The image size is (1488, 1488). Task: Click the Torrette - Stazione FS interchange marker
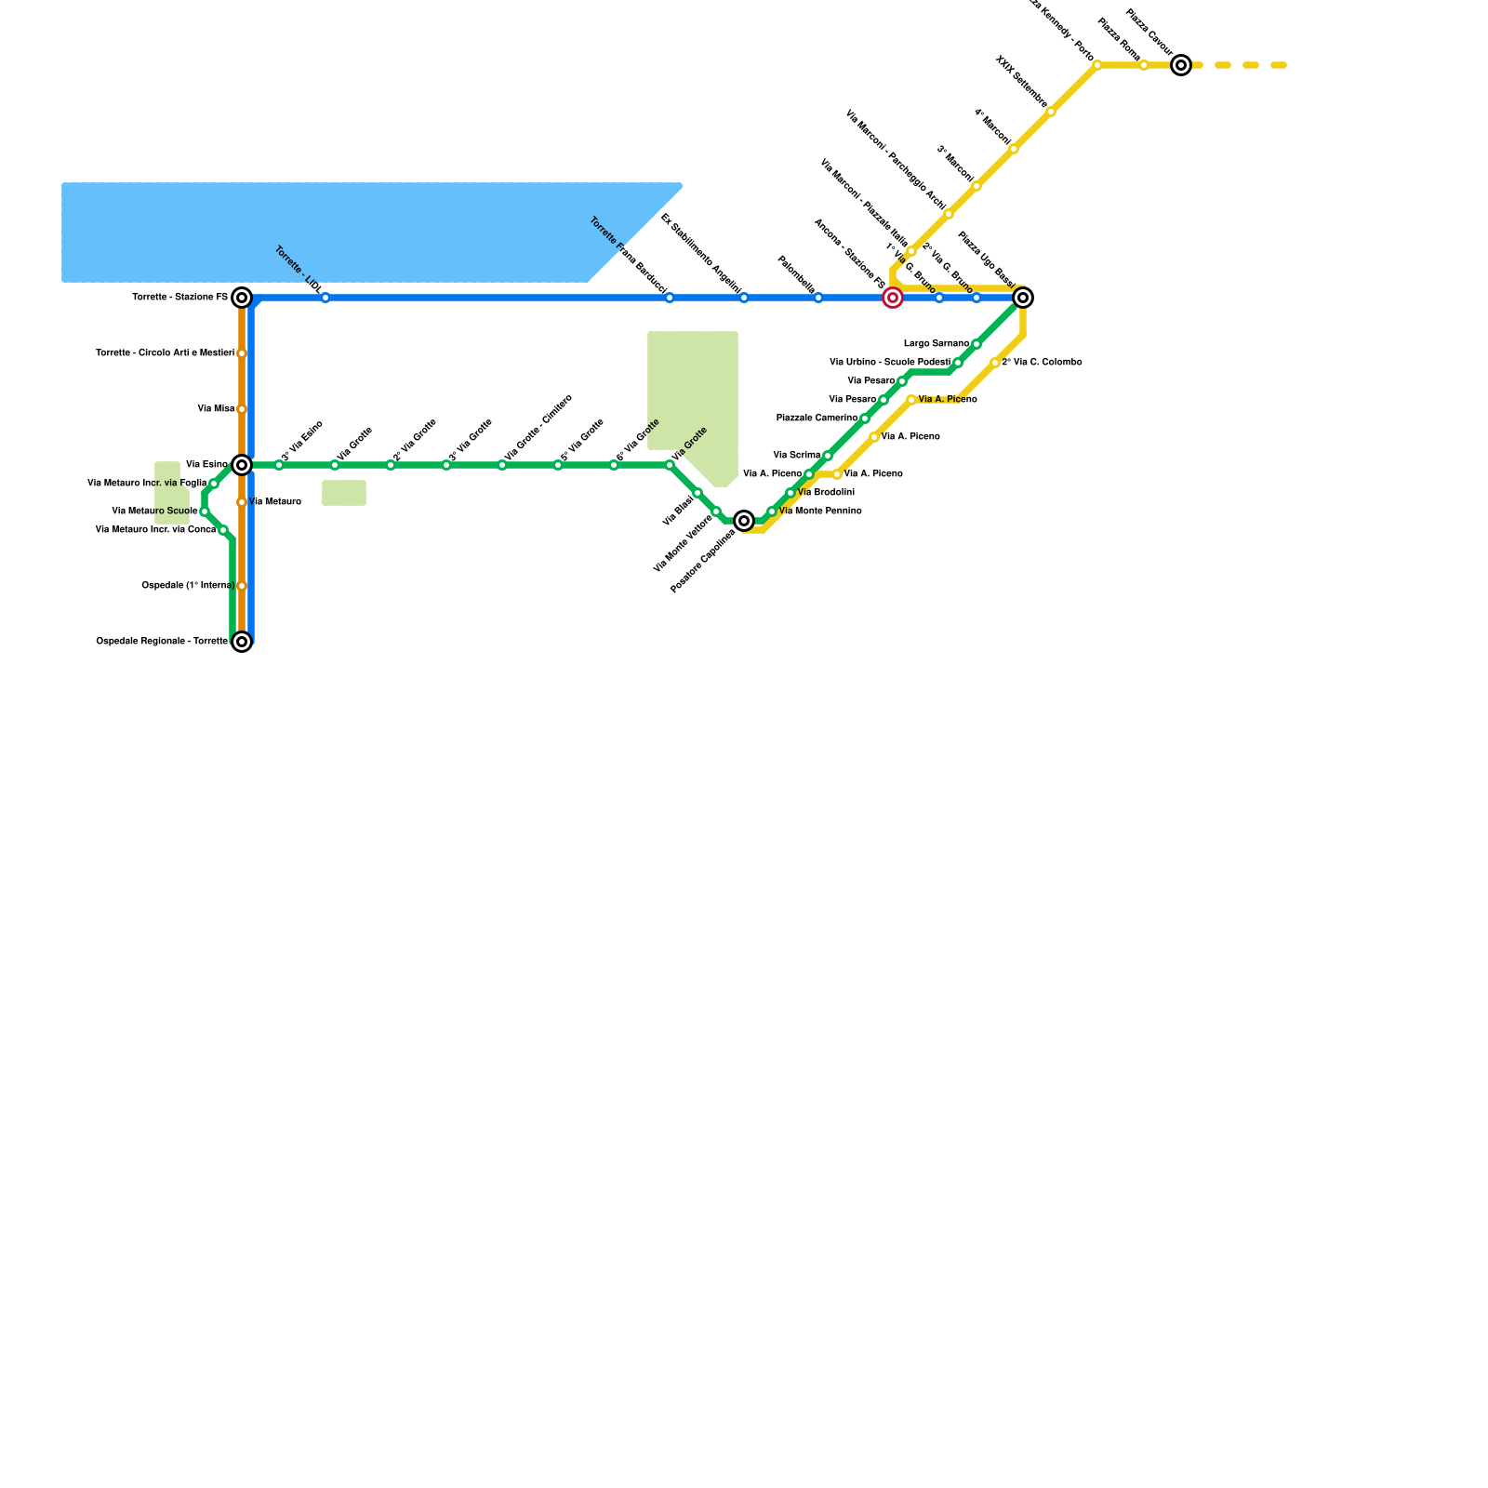[242, 298]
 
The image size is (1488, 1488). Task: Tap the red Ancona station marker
[893, 298]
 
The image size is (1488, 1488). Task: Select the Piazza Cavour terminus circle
[1181, 65]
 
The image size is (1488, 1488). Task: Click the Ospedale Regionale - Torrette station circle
[242, 642]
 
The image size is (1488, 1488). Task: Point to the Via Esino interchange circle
[242, 465]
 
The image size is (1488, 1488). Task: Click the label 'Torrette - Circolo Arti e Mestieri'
[165, 353]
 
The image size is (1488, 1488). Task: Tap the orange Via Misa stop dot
[242, 409]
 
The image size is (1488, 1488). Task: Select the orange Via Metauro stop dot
[242, 502]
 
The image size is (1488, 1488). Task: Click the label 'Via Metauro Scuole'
[154, 511]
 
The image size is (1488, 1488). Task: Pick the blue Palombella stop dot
[818, 298]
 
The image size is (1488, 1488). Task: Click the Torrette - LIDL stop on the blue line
[325, 298]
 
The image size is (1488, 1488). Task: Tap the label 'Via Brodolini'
[826, 493]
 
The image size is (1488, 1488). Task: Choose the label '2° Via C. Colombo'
[1042, 363]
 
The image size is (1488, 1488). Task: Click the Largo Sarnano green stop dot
[976, 344]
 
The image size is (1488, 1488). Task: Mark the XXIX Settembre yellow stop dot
[1051, 113]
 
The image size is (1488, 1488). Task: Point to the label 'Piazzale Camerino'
[817, 418]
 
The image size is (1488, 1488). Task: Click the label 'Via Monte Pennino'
[820, 511]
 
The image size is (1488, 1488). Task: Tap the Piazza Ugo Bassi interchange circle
[1023, 298]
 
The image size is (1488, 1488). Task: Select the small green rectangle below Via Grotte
[344, 493]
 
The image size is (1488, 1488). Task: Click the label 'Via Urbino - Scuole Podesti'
[890, 363]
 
